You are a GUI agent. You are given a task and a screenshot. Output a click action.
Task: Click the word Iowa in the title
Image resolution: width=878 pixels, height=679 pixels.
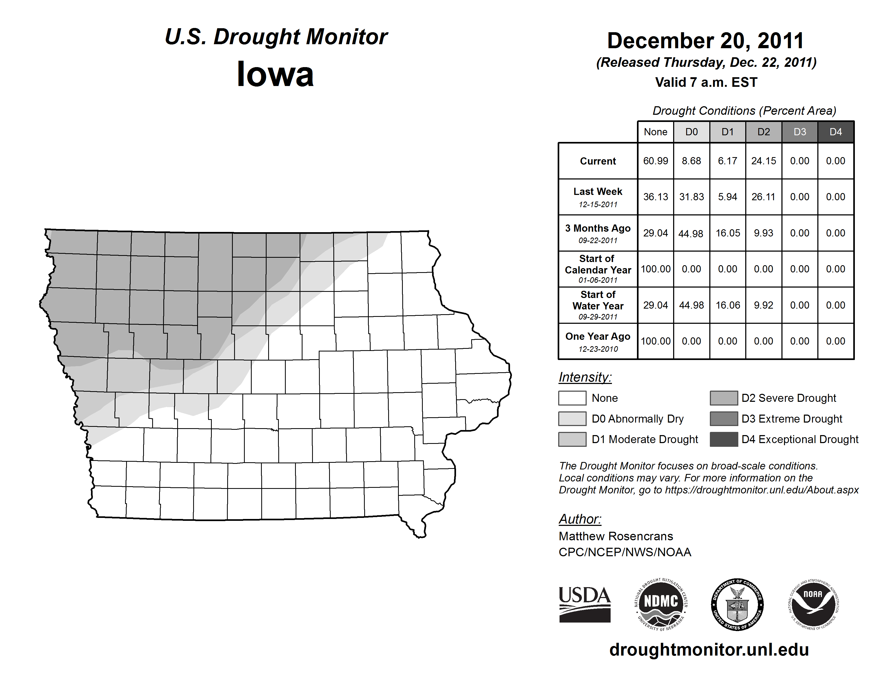coord(275,74)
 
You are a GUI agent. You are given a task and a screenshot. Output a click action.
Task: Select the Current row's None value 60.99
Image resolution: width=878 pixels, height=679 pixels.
coord(655,161)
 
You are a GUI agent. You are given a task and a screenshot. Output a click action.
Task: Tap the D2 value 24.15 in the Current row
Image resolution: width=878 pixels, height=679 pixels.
coord(763,161)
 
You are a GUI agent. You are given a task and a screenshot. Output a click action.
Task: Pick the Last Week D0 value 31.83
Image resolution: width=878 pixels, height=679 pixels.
coord(691,197)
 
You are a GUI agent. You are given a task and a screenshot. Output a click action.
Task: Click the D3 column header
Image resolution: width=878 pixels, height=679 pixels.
coord(800,132)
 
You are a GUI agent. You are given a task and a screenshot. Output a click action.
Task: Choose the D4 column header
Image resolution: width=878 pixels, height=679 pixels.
coord(835,132)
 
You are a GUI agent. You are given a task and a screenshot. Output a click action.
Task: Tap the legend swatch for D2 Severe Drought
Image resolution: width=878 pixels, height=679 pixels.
coord(724,398)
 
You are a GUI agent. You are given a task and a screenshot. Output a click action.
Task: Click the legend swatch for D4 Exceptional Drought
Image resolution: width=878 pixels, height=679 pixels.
coord(724,439)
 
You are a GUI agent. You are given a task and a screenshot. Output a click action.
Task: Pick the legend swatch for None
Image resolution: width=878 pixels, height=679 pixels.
coord(572,398)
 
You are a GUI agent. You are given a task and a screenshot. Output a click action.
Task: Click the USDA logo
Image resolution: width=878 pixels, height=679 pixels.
coord(585,604)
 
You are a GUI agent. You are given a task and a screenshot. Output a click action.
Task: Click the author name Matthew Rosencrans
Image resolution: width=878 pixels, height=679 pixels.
coord(615,536)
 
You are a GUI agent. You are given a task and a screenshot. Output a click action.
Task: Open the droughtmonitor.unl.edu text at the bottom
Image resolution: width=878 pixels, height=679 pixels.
coord(709,650)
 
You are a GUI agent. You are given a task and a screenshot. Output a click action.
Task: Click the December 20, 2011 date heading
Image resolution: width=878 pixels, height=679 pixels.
coord(706,41)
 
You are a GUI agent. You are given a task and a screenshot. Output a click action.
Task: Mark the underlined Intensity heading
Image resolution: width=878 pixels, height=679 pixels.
coord(585,377)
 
